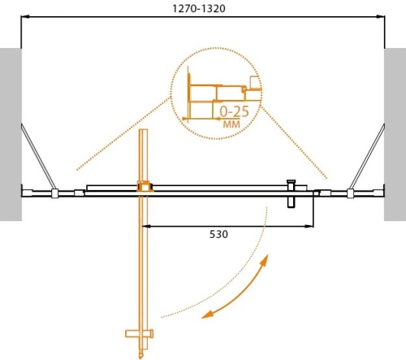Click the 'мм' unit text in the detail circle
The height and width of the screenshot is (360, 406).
231,125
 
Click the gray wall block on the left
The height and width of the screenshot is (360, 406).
10,134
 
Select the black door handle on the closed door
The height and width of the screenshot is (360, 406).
290,195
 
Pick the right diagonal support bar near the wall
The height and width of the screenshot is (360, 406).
369,154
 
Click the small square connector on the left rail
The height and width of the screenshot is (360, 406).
54,193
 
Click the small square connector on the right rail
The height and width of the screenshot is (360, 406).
350,193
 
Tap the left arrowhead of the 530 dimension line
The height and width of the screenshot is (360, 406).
149,225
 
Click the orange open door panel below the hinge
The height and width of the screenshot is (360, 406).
143,260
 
